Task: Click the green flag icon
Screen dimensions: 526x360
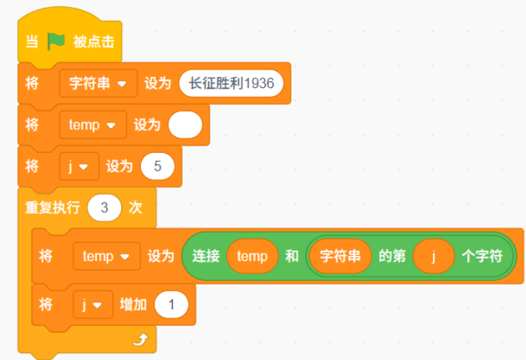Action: tap(55, 41)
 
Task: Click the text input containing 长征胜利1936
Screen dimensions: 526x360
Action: tap(231, 84)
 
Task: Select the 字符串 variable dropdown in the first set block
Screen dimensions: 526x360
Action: tap(98, 84)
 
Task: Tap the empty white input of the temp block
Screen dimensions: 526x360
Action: tap(185, 125)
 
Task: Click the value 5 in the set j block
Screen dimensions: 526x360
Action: tap(157, 166)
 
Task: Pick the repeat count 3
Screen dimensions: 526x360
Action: tap(104, 208)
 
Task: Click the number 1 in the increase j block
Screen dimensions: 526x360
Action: tap(171, 305)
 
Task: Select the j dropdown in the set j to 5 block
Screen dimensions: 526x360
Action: tap(79, 166)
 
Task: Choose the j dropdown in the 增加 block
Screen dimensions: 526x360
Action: tap(93, 305)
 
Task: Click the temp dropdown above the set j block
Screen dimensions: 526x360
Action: tap(93, 125)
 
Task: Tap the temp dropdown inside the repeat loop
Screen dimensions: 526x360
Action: tap(106, 257)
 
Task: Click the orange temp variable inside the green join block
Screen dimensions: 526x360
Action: tap(252, 257)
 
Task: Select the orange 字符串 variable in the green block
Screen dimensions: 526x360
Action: tap(340, 257)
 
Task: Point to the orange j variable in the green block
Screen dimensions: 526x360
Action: tap(434, 257)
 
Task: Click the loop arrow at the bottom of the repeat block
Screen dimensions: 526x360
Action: tap(140, 339)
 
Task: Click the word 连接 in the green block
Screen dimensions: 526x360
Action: tap(206, 257)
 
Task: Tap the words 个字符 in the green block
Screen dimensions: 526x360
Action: tap(482, 257)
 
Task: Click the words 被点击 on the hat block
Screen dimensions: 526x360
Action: tap(94, 42)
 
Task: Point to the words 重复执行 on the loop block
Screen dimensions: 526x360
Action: tap(52, 208)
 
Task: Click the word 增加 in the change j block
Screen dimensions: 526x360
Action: tap(133, 305)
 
